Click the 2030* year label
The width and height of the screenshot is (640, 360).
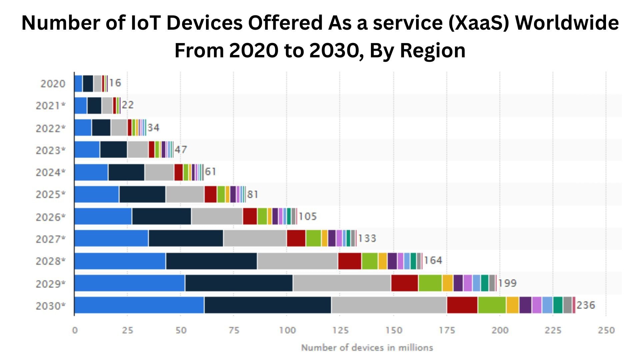pyautogui.click(x=50, y=306)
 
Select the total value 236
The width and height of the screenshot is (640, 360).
pyautogui.click(x=586, y=305)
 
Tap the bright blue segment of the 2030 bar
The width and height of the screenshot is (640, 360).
pyautogui.click(x=139, y=305)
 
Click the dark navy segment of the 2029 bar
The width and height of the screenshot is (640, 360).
pyautogui.click(x=239, y=283)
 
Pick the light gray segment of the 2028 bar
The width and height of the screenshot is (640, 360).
pyautogui.click(x=297, y=261)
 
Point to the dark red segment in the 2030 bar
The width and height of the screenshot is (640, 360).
pyautogui.click(x=462, y=305)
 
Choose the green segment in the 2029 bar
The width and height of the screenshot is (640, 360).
pyautogui.click(x=430, y=283)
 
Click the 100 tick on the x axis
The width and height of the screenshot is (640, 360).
pyautogui.click(x=287, y=330)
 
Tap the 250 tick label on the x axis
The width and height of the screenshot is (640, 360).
pyautogui.click(x=606, y=330)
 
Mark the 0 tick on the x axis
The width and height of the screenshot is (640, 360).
pyautogui.click(x=75, y=330)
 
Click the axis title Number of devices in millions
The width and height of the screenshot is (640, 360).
pyautogui.click(x=367, y=348)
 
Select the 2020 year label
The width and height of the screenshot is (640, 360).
pyautogui.click(x=53, y=83)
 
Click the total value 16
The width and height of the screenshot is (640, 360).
pyautogui.click(x=115, y=83)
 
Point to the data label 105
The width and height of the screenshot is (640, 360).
pyautogui.click(x=307, y=216)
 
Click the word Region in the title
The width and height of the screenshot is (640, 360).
pyautogui.click(x=432, y=51)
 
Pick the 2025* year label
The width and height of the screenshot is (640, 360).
pyautogui.click(x=50, y=194)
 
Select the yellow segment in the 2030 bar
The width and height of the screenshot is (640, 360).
pyautogui.click(x=512, y=305)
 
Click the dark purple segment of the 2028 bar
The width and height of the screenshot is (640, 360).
pyautogui.click(x=392, y=261)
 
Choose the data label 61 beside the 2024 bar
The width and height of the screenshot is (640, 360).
pyautogui.click(x=210, y=172)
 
